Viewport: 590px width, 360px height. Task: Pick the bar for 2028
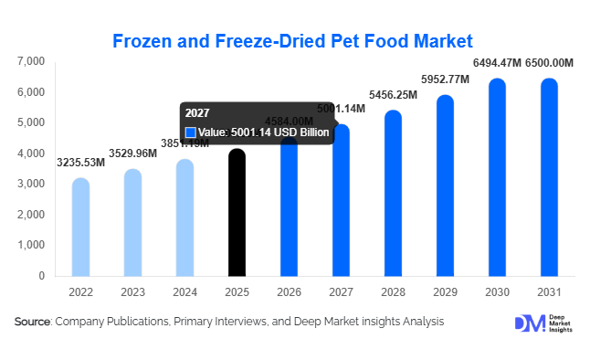[392, 193]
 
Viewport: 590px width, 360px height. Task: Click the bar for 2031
[548, 177]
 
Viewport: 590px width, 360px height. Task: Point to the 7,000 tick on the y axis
[31, 61]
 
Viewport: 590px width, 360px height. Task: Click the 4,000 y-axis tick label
[31, 154]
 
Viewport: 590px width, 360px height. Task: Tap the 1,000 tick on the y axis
[31, 245]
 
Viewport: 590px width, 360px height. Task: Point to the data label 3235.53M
[80, 163]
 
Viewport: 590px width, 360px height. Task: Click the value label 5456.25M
[393, 94]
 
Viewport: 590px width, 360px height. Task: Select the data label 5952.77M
[444, 79]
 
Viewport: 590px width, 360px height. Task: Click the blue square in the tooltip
[191, 132]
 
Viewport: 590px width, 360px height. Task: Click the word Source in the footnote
[33, 322]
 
